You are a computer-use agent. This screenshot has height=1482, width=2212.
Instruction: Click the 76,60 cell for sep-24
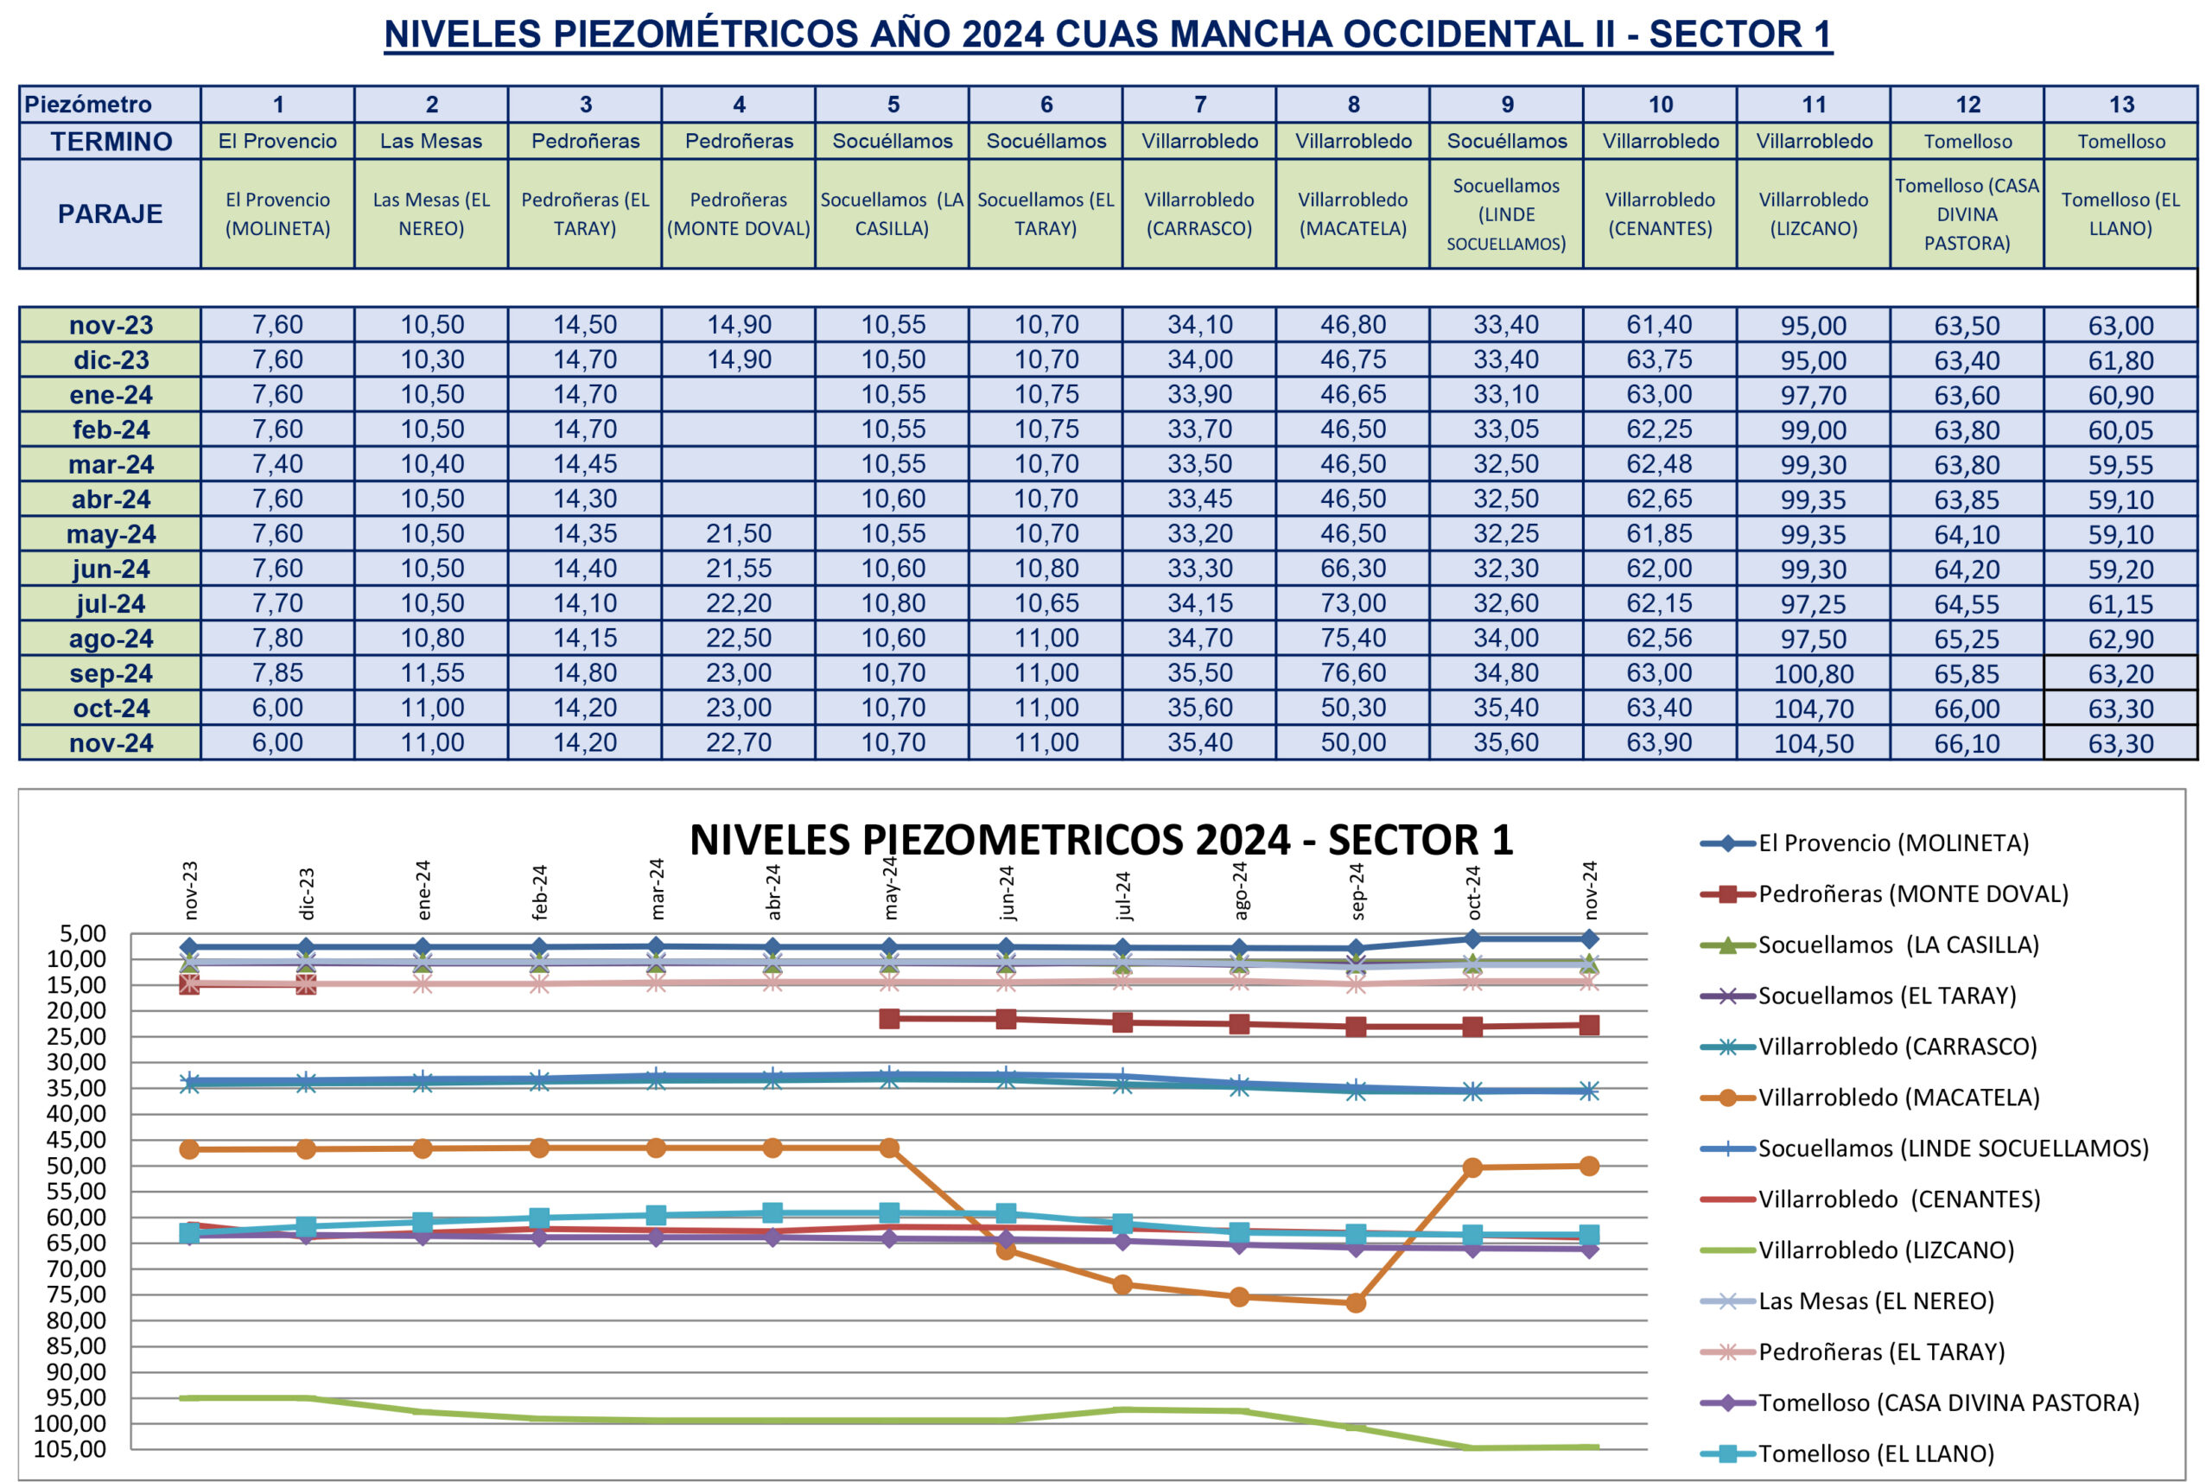tap(1352, 673)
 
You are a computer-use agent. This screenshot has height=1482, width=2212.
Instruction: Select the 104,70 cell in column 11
tap(1814, 708)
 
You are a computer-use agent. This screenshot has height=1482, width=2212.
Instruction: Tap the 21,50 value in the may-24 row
tap(738, 534)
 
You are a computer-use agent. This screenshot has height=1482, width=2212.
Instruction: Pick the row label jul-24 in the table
tap(111, 604)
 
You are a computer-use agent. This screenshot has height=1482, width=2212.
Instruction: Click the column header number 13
tap(2120, 104)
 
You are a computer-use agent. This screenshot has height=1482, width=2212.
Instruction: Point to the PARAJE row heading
tap(110, 213)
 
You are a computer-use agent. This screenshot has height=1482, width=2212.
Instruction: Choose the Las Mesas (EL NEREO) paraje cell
tap(431, 213)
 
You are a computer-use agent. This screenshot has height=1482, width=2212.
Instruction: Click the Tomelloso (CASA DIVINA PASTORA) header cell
tap(1967, 213)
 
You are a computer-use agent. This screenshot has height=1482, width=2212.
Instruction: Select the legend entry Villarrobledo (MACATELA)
tap(1897, 1097)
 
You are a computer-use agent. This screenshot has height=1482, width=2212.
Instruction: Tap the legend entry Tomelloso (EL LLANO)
tap(1876, 1453)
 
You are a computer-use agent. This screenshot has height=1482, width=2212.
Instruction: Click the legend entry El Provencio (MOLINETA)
tap(1892, 843)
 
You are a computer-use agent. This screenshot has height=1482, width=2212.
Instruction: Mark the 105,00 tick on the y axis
tap(72, 1449)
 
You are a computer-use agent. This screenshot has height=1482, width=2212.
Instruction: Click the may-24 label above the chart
tap(889, 888)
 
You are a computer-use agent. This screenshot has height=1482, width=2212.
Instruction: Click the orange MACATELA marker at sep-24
tap(1355, 1302)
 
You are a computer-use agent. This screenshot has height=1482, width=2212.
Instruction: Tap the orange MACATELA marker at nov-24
tap(1588, 1167)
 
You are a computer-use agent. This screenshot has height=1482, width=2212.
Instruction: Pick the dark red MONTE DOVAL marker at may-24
tap(889, 1019)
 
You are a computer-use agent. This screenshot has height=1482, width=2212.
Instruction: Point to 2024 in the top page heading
tap(1002, 34)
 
